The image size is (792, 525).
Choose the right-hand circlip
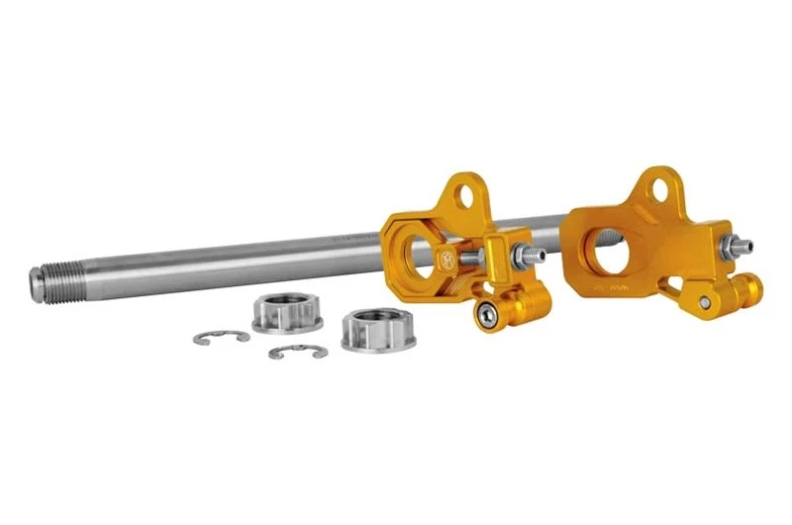(x=297, y=351)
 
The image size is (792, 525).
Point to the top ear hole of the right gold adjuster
(x=656, y=185)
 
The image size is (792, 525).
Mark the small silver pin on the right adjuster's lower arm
(x=704, y=301)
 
